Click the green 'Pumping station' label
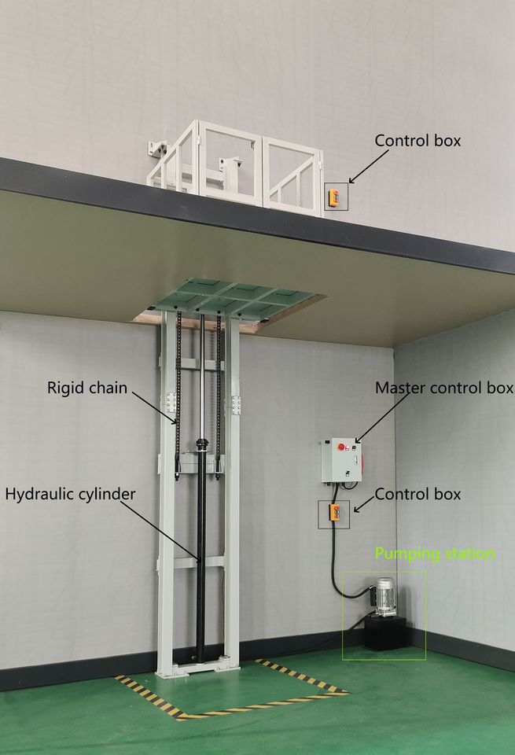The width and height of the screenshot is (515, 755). (435, 554)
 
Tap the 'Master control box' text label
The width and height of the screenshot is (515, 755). (444, 388)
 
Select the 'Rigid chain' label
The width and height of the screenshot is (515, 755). (87, 388)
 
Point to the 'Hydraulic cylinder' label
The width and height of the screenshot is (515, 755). (70, 494)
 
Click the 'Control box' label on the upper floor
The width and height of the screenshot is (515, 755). (418, 141)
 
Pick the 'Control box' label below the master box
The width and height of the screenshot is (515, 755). (418, 494)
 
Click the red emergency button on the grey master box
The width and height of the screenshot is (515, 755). (342, 447)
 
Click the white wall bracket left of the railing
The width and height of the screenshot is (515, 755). (157, 149)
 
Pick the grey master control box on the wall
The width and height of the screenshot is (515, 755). (341, 461)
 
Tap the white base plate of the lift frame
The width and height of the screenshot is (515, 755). (197, 668)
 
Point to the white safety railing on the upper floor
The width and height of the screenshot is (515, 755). (236, 166)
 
